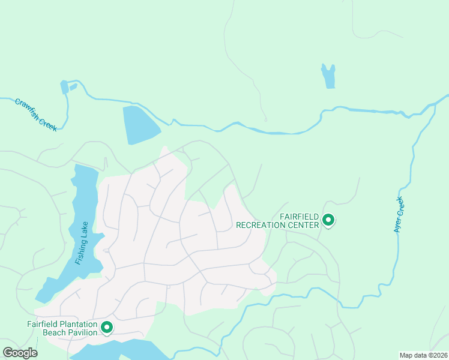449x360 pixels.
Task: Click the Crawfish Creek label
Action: pyautogui.click(x=35, y=115)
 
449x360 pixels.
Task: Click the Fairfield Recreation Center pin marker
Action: pyautogui.click(x=328, y=220)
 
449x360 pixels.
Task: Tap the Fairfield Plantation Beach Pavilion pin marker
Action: pyautogui.click(x=107, y=327)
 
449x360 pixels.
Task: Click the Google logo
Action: pyautogui.click(x=20, y=353)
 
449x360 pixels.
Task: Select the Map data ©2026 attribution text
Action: pyautogui.click(x=423, y=355)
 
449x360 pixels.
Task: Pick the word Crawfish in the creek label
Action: pyautogui.click(x=28, y=108)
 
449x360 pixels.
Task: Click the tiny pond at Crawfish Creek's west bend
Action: pyautogui.click(x=64, y=88)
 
